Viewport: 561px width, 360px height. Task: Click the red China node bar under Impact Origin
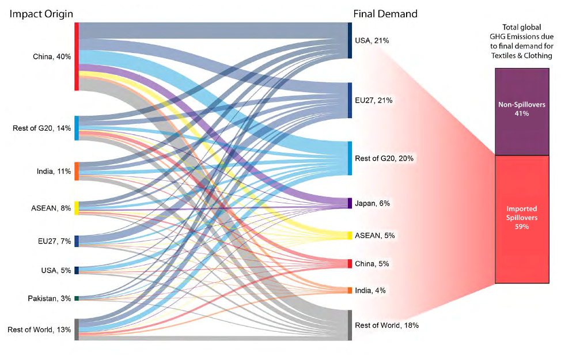77,56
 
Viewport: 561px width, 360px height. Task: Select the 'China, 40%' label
52,56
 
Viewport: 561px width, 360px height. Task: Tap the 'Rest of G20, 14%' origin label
41,128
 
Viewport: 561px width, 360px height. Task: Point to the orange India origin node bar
77,171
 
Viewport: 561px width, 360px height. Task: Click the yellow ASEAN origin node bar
77,208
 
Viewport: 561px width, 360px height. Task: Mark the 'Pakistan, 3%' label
49,298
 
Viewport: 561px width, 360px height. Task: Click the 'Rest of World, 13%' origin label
39,330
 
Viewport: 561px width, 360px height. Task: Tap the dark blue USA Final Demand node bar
350,40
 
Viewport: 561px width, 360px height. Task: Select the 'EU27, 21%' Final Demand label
374,100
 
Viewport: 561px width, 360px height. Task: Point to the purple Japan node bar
350,203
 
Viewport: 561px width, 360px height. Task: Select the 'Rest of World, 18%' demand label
386,325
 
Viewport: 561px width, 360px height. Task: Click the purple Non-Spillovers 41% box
521,111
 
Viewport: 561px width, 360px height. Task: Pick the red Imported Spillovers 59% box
521,219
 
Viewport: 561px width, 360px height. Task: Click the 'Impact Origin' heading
40,13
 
